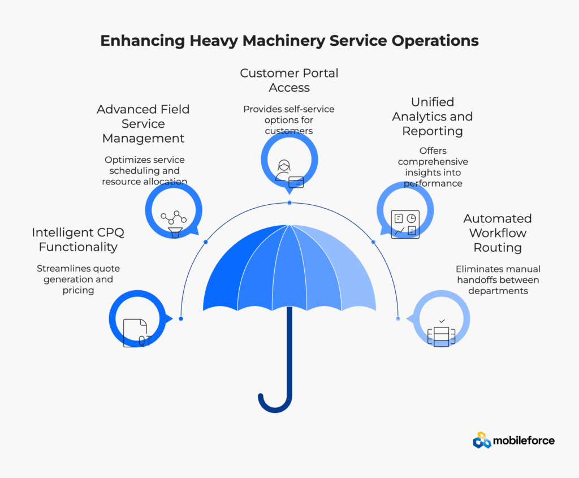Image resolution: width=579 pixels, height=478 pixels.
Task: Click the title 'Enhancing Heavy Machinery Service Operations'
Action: (289, 41)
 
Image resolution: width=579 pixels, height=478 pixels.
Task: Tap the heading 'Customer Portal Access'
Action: (289, 80)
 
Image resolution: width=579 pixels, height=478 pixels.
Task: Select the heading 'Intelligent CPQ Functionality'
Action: (78, 239)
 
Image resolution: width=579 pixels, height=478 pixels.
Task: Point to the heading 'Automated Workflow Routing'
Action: (498, 232)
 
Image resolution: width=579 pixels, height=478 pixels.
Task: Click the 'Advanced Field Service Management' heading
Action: (143, 124)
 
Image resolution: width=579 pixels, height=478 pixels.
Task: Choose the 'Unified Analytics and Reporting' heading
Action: (433, 117)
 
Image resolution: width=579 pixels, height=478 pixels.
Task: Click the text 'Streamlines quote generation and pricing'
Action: (78, 279)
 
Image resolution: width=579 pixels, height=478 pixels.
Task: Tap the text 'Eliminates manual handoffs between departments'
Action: (498, 279)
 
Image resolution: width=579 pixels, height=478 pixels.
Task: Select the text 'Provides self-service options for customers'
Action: (289, 120)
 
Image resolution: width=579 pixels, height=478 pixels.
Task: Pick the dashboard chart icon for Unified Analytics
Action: (405, 224)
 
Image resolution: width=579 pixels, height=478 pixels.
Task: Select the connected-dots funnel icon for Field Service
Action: (174, 224)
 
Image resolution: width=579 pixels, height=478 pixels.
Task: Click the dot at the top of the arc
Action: (289, 203)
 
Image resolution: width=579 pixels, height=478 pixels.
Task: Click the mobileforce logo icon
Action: (482, 440)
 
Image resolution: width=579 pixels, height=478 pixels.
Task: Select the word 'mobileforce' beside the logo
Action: (524, 441)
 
